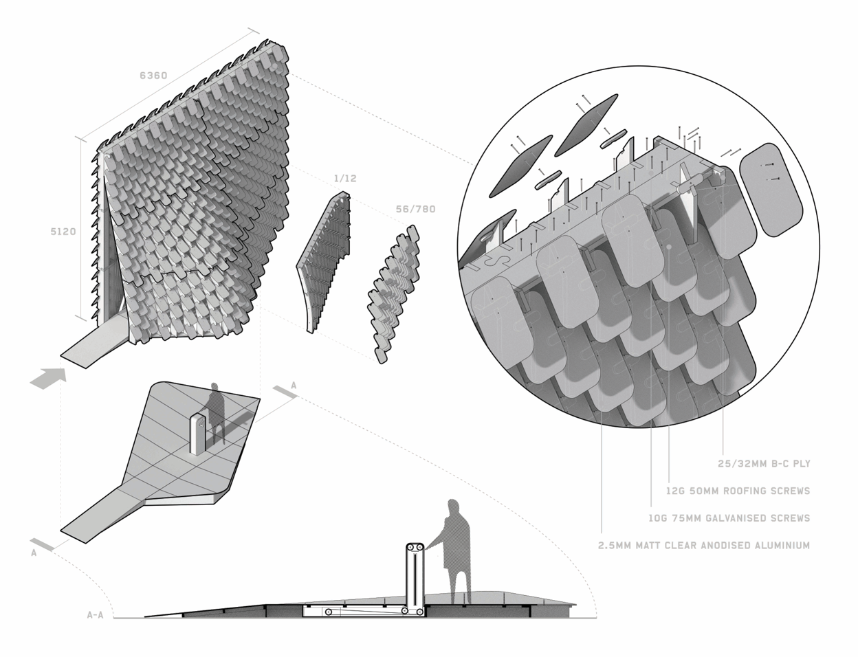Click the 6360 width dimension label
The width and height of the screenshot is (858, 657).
click(153, 76)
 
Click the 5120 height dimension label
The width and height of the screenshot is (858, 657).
click(63, 232)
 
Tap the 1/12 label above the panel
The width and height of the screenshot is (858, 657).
click(345, 179)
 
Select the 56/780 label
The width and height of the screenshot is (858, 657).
click(415, 209)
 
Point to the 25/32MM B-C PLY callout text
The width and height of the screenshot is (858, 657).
click(764, 464)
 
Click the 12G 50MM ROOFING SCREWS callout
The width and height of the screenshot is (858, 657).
click(737, 491)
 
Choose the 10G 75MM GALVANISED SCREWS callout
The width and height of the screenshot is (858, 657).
click(728, 518)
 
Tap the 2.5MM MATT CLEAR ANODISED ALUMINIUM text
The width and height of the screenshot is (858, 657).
click(705, 546)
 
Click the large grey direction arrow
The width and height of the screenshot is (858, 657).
click(48, 379)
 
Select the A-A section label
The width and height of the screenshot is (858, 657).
click(95, 615)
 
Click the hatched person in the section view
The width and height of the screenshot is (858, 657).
click(455, 550)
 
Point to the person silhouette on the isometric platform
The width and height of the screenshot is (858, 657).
click(217, 412)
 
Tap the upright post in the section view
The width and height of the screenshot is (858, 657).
click(415, 577)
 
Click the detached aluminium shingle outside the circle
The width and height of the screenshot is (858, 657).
click(773, 189)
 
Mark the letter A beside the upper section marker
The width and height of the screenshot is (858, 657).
click(294, 386)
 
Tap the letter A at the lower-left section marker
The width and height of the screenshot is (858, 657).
click(33, 553)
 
